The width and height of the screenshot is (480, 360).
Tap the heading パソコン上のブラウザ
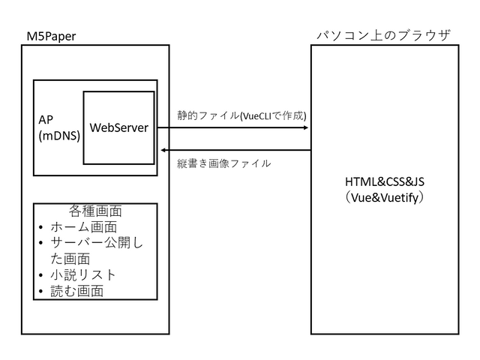383,35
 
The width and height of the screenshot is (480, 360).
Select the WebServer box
118,127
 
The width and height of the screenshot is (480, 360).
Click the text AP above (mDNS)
46,120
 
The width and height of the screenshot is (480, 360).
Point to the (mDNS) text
58,136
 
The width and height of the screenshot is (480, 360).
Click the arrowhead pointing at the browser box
306,127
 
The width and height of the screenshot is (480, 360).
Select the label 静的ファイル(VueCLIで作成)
241,115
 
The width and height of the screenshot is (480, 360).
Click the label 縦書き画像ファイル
224,163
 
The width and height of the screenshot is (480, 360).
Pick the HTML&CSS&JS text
384,182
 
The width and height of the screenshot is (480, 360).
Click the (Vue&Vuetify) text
384,198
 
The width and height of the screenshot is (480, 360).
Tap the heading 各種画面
95,211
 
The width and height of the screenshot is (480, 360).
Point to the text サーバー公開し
97,243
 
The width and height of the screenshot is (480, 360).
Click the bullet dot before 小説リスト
41,275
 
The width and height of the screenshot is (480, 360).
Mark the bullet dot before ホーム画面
41,227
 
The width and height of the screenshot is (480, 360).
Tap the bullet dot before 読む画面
41,291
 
